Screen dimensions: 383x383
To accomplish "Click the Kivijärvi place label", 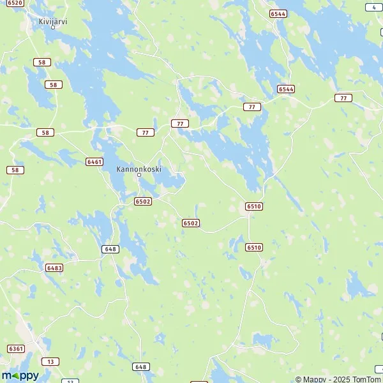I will tap(53, 20).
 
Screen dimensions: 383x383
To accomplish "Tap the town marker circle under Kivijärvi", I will tap(53, 27).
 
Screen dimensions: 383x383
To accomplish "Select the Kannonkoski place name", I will tap(139, 169).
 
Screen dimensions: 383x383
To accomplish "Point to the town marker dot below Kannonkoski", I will tap(139, 176).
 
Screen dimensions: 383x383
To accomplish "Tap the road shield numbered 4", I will tap(373, 7).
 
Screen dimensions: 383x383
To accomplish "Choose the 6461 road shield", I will tap(94, 161).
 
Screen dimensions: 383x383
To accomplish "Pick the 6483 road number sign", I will tap(54, 268).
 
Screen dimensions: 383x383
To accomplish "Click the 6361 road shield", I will tap(16, 348).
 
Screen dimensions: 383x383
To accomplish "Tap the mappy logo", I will tap(20, 376).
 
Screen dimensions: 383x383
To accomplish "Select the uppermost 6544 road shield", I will tap(278, 13).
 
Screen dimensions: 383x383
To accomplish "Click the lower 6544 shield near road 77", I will tap(286, 89).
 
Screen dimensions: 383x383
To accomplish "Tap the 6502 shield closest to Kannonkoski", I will tap(143, 201).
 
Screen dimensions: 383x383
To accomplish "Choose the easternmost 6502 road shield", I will tap(190, 223).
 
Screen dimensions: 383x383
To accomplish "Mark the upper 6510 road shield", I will tap(253, 206).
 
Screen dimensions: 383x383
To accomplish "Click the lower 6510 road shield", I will tap(254, 247).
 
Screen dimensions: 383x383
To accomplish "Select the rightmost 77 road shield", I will tap(343, 98).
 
